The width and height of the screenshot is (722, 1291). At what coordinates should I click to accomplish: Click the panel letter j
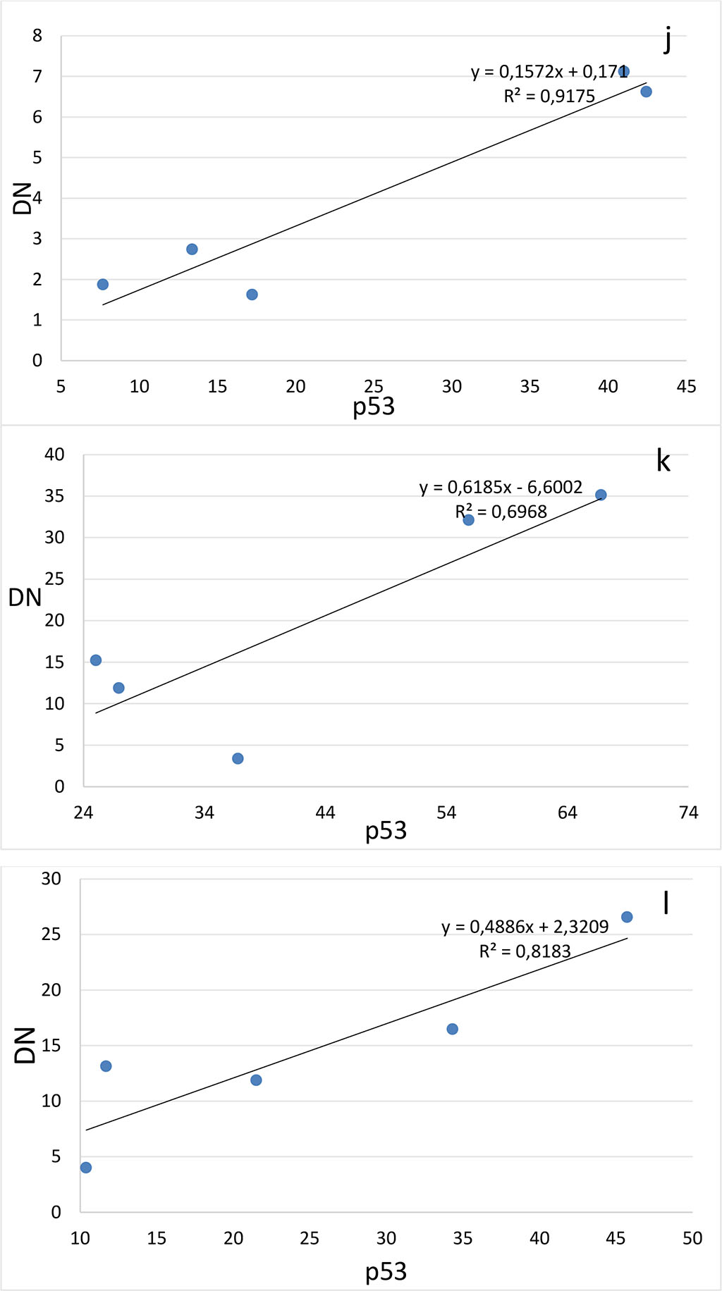pyautogui.click(x=667, y=40)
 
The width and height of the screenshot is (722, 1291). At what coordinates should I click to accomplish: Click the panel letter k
pyautogui.click(x=663, y=461)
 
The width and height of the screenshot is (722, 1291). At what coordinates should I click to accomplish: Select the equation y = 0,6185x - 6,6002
pyautogui.click(x=501, y=487)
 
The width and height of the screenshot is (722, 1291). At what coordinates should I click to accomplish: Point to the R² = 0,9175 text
pyautogui.click(x=549, y=96)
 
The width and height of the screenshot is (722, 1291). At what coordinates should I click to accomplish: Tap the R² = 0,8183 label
pyautogui.click(x=525, y=951)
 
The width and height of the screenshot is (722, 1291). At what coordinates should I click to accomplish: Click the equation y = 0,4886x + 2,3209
pyautogui.click(x=525, y=927)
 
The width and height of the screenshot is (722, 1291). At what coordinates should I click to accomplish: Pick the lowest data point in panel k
pyautogui.click(x=238, y=758)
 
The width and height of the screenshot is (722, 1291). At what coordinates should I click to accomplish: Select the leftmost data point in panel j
pyautogui.click(x=103, y=284)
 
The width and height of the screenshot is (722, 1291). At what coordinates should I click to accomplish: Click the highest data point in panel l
pyautogui.click(x=627, y=917)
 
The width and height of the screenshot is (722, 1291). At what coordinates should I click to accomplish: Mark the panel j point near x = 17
pyautogui.click(x=252, y=295)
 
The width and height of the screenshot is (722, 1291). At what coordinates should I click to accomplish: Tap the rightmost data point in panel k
pyautogui.click(x=601, y=495)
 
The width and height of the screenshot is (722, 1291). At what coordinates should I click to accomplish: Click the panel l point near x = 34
pyautogui.click(x=452, y=1029)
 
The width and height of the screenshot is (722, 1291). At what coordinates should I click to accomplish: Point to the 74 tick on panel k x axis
pyautogui.click(x=688, y=813)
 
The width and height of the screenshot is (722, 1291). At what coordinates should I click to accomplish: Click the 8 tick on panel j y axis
pyautogui.click(x=37, y=35)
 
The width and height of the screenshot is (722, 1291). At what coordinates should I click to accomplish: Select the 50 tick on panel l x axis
pyautogui.click(x=692, y=1238)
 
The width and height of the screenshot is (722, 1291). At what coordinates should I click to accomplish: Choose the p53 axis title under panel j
pyautogui.click(x=374, y=407)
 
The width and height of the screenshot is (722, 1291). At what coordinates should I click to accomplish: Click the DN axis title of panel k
pyautogui.click(x=24, y=598)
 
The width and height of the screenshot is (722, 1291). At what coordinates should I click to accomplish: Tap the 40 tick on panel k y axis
pyautogui.click(x=54, y=455)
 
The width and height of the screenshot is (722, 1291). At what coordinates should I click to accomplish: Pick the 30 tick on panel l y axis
pyautogui.click(x=51, y=878)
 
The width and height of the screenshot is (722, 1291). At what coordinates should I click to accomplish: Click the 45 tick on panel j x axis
pyautogui.click(x=685, y=386)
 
